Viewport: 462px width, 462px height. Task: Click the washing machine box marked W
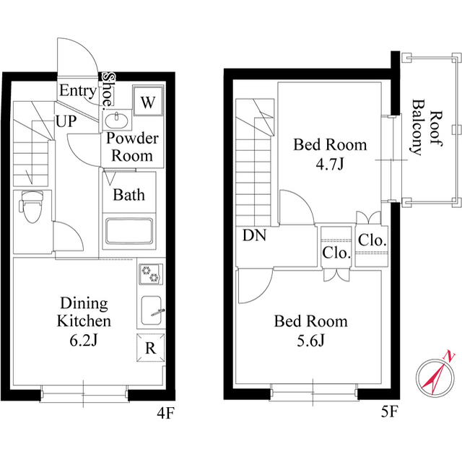pyautogui.click(x=147, y=102)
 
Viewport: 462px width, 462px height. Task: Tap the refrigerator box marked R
pyautogui.click(x=150, y=347)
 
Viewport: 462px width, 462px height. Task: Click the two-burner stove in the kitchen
pyautogui.click(x=152, y=274)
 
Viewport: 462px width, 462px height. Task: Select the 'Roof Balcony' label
pyautogui.click(x=426, y=132)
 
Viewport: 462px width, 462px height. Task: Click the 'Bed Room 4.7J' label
pyautogui.click(x=329, y=154)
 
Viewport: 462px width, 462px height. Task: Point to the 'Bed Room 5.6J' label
pyautogui.click(x=310, y=329)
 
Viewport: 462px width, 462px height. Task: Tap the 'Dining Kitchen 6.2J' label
pyautogui.click(x=84, y=321)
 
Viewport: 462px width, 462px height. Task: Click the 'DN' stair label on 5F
pyautogui.click(x=253, y=235)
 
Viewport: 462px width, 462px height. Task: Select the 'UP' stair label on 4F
pyautogui.click(x=66, y=121)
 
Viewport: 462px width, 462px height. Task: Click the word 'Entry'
pyautogui.click(x=77, y=91)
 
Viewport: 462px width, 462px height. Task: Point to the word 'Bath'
pyautogui.click(x=128, y=195)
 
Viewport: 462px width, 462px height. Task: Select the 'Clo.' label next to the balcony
pyautogui.click(x=372, y=240)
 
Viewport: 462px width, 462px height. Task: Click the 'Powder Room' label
pyautogui.click(x=131, y=147)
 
